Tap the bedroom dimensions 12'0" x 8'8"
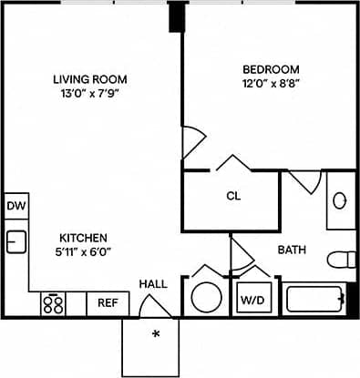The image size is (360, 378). (x=271, y=85)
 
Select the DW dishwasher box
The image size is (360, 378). (x=15, y=206)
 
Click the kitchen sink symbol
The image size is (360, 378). (x=15, y=241)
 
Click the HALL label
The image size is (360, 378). (x=153, y=284)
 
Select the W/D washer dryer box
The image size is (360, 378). (x=252, y=299)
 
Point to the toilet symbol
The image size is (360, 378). (x=342, y=259)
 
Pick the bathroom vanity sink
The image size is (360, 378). (x=340, y=200)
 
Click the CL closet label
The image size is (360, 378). (x=232, y=196)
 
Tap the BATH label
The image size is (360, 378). (x=292, y=249)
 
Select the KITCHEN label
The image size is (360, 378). (x=85, y=236)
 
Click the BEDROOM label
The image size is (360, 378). (x=271, y=69)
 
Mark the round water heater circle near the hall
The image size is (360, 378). (x=205, y=297)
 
